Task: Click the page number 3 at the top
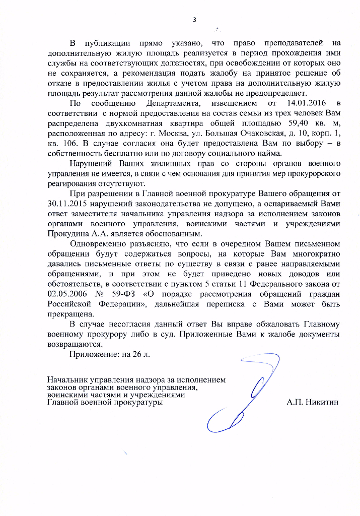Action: [x=194, y=20]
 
